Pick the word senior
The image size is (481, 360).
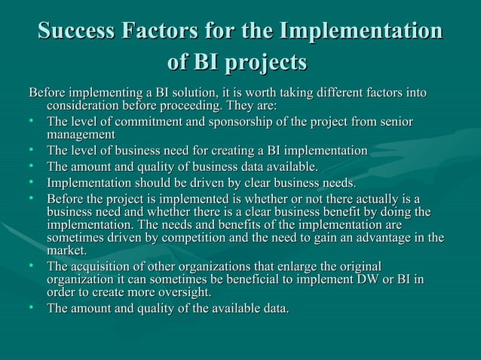(x=395, y=122)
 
